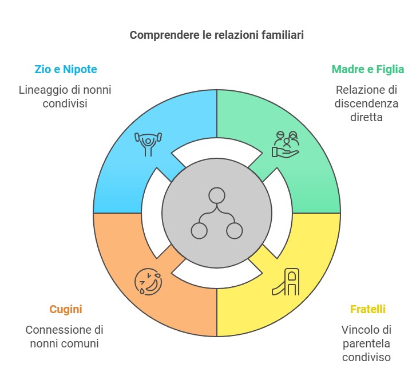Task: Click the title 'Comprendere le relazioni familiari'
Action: (x=216, y=35)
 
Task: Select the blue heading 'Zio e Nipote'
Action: (x=66, y=69)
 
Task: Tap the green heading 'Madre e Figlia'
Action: (x=368, y=69)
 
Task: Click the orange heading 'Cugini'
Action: (x=66, y=309)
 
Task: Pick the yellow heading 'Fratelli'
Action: (x=368, y=309)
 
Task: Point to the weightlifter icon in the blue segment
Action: (x=148, y=143)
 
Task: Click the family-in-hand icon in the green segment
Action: (x=285, y=144)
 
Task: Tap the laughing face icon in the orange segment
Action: (x=148, y=282)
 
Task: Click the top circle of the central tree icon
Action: (x=216, y=195)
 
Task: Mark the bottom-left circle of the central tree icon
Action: (x=199, y=231)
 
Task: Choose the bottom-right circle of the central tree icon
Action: (x=234, y=231)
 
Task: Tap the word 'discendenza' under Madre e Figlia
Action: (x=367, y=104)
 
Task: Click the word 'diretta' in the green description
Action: (x=367, y=118)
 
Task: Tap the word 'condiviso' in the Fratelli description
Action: (x=367, y=358)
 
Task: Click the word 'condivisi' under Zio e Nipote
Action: (x=65, y=104)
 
